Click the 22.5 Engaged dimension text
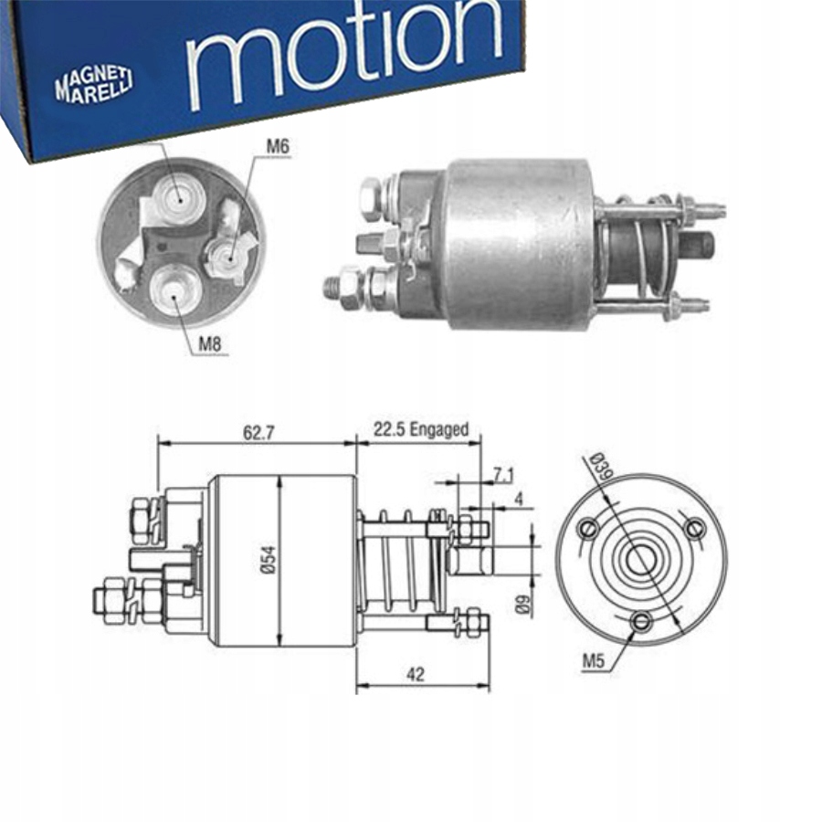(x=420, y=429)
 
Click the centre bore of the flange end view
(x=643, y=559)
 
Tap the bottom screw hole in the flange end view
(x=643, y=622)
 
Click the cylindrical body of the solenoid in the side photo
(x=516, y=242)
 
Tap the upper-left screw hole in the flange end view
(x=589, y=528)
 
